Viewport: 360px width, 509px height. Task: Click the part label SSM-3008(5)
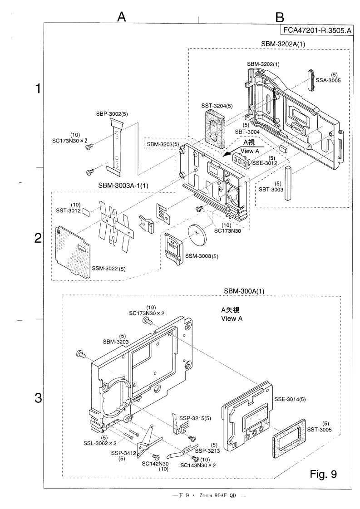[202, 256]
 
